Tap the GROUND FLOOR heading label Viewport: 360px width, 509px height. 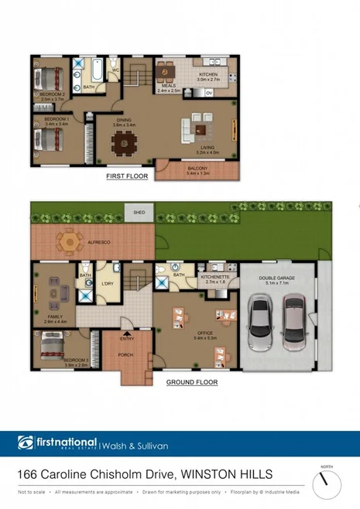(191, 382)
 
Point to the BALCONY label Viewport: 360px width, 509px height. (198, 169)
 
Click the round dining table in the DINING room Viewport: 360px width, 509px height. (123, 142)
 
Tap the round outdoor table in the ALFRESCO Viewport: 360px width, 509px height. (70, 241)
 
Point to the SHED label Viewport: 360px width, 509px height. (139, 211)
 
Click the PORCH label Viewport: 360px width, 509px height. (125, 355)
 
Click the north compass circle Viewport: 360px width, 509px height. (327, 484)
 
